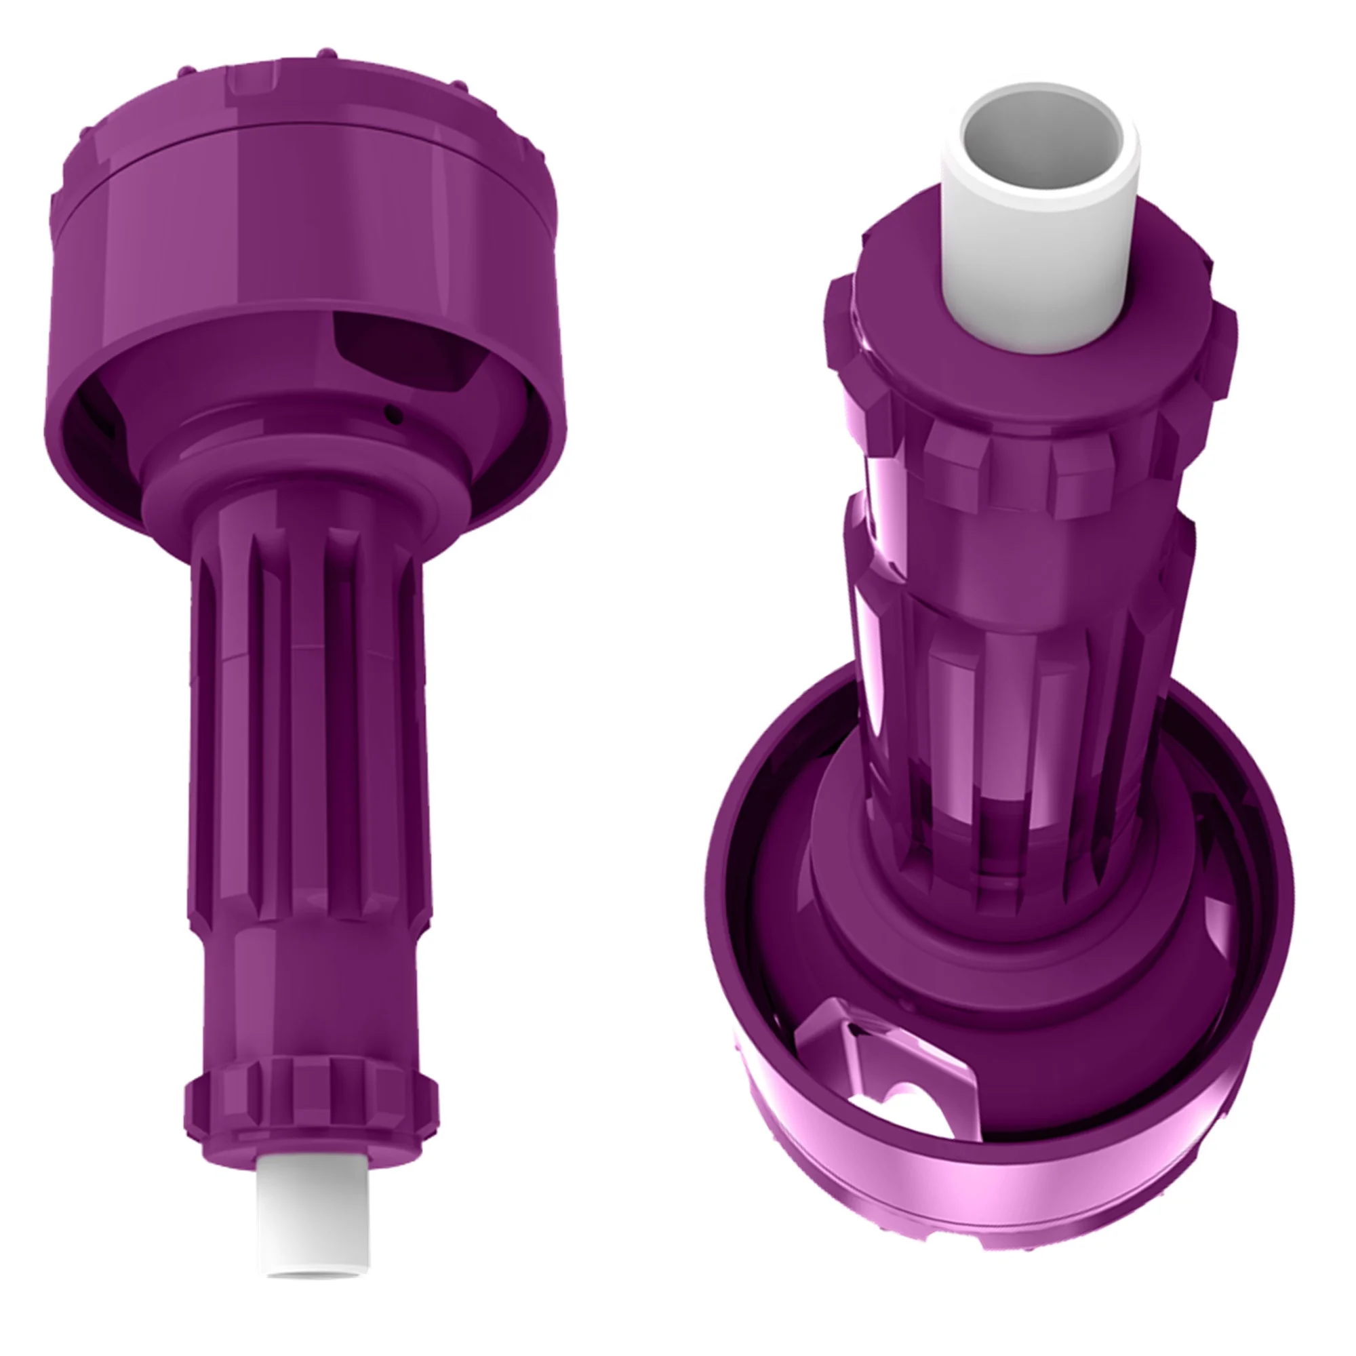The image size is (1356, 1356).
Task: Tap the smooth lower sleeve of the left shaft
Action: pos(308,1003)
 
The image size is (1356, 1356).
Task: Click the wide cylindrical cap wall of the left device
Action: pos(308,224)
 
